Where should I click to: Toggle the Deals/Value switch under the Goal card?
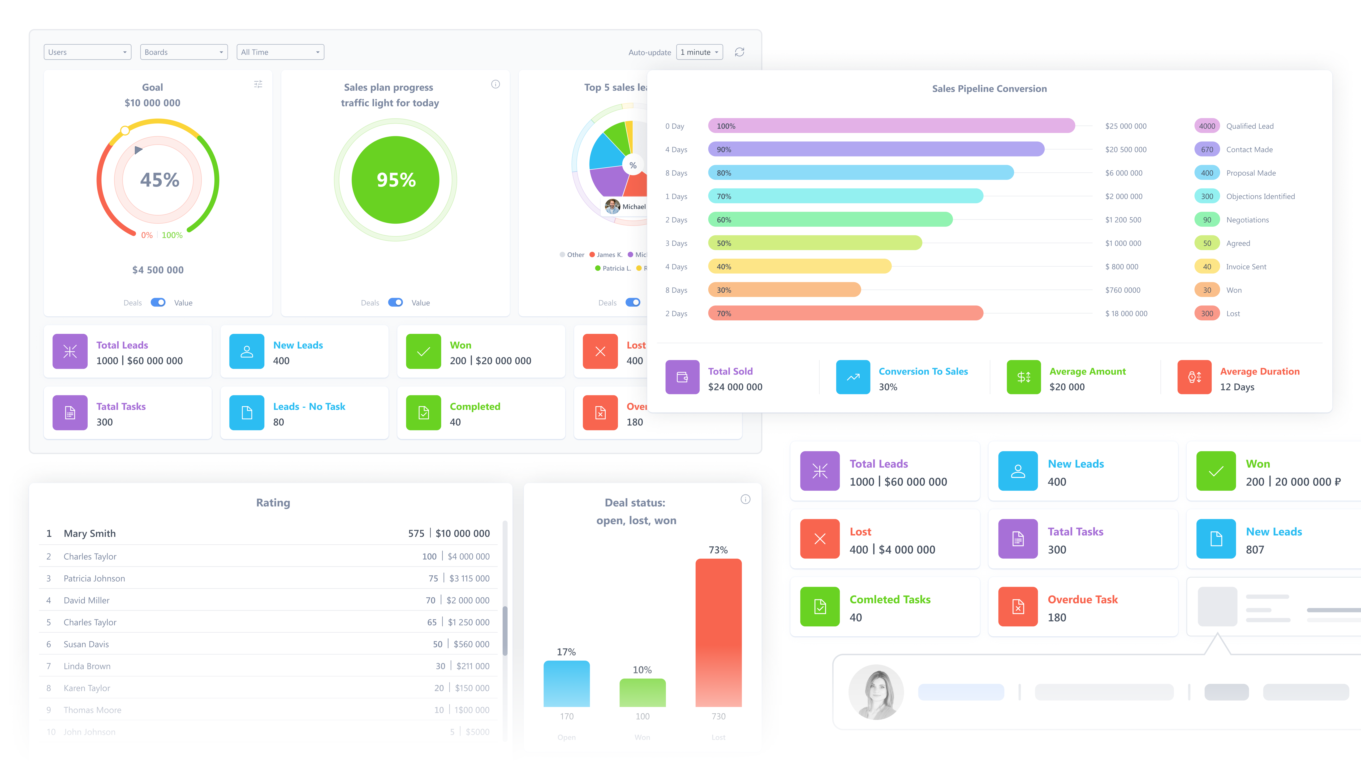click(x=158, y=302)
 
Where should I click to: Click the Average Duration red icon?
click(x=1194, y=377)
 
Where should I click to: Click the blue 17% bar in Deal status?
click(x=566, y=684)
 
